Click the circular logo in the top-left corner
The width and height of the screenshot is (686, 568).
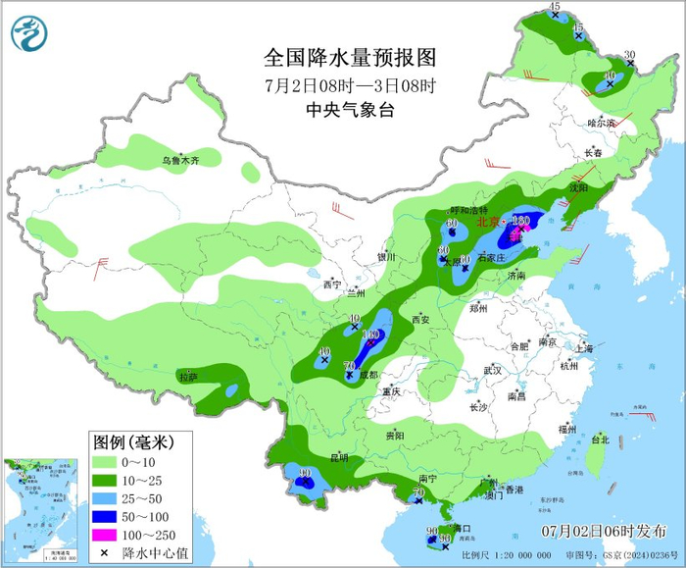tap(29, 35)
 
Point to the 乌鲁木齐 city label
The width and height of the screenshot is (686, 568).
tap(180, 160)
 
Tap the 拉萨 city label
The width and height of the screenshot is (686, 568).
tap(187, 377)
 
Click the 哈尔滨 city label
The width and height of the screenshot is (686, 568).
tap(601, 123)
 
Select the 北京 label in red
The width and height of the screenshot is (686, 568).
tap(487, 223)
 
